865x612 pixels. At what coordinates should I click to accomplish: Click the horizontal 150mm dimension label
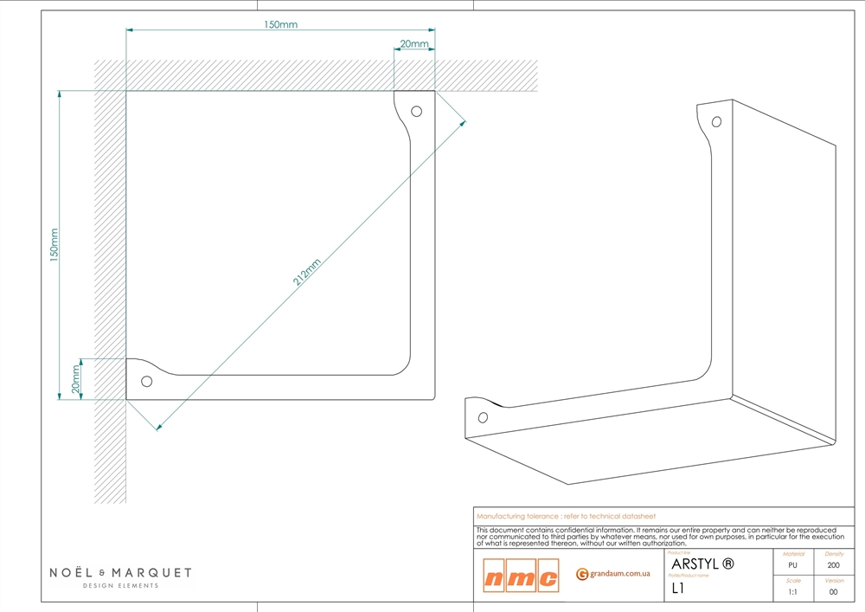pos(280,24)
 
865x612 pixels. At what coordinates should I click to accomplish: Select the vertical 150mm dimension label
pos(54,245)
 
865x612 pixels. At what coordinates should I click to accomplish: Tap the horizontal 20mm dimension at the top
pos(413,43)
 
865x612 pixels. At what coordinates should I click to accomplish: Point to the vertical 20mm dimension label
pos(76,378)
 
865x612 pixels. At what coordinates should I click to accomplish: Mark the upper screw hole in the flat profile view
pos(416,112)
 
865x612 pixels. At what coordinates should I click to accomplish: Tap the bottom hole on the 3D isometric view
pos(483,417)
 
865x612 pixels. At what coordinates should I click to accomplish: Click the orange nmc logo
pos(521,576)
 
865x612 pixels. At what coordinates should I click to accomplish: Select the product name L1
pos(678,589)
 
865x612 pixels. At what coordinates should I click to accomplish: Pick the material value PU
pos(793,565)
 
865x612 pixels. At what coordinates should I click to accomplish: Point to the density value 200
pos(834,565)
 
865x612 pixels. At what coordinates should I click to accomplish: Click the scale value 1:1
pos(793,592)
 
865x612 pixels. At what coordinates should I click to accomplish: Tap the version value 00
pos(834,592)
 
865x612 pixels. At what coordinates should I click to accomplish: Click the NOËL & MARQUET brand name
pos(120,572)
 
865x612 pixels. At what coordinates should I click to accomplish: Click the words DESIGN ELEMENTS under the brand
pos(120,586)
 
